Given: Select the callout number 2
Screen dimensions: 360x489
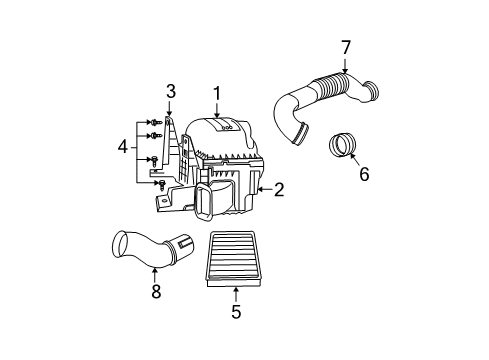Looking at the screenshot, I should [279, 188].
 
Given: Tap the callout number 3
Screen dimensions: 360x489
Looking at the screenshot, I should [171, 93].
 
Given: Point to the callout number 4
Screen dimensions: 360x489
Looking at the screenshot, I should [122, 148].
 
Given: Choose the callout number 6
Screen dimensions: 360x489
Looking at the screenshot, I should [364, 174].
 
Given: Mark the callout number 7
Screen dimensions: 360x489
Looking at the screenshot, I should [346, 46].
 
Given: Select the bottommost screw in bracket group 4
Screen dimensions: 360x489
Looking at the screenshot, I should [161, 185].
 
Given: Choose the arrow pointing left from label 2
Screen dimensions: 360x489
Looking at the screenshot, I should [264, 188].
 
